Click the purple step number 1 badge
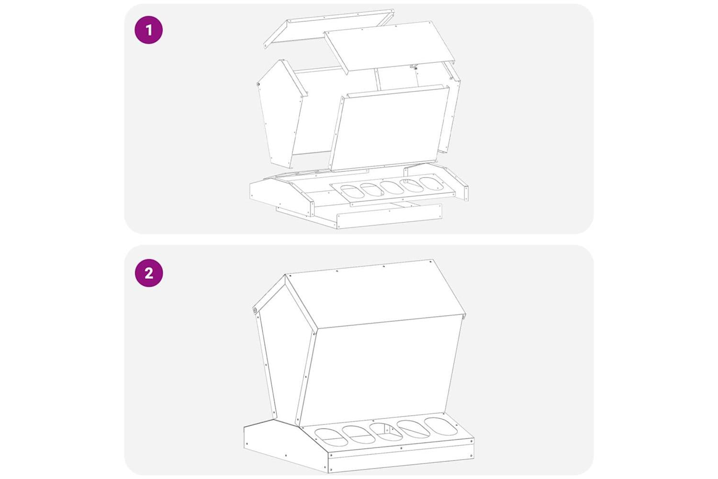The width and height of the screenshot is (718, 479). pyautogui.click(x=149, y=30)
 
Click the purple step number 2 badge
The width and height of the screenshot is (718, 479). pyautogui.click(x=149, y=273)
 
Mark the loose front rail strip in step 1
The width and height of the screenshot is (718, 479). pyautogui.click(x=389, y=216)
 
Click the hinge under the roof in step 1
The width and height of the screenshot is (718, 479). pyautogui.click(x=414, y=68)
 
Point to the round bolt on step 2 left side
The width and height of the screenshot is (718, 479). pyautogui.click(x=255, y=310)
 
